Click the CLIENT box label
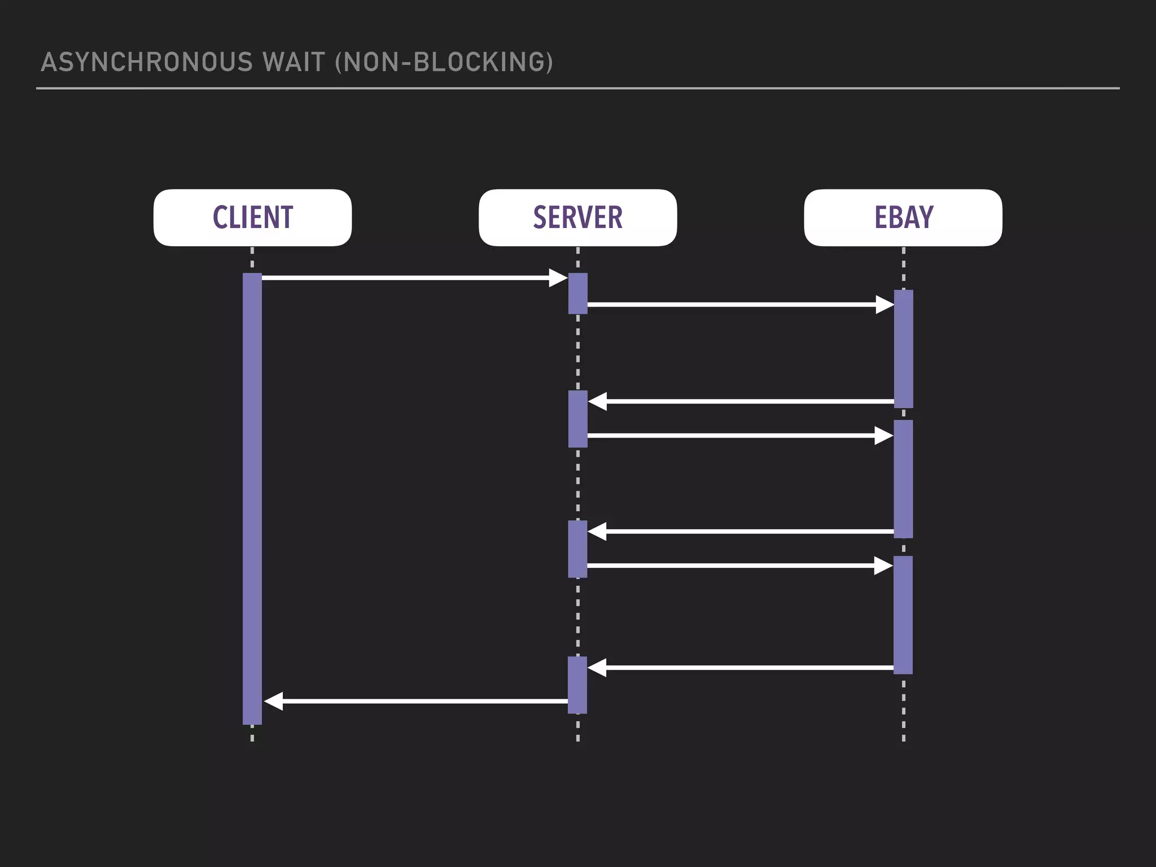click(252, 217)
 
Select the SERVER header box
click(577, 217)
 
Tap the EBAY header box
click(903, 217)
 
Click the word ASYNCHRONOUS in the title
click(147, 62)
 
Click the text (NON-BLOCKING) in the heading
click(444, 62)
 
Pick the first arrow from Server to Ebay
click(739, 305)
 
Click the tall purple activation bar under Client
click(252, 497)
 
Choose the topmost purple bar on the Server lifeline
click(577, 294)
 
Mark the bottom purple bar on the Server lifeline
click(577, 685)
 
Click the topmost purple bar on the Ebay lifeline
click(903, 348)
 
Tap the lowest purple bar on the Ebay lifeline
click(903, 615)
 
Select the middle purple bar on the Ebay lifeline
click(903, 479)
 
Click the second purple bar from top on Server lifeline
click(577, 419)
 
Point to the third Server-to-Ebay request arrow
click(739, 566)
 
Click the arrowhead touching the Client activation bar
click(273, 701)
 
